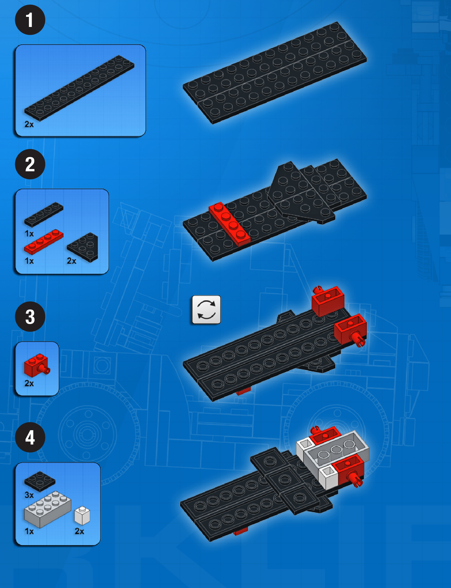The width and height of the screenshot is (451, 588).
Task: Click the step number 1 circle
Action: tap(30, 20)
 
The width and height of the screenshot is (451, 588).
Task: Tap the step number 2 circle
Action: tap(30, 164)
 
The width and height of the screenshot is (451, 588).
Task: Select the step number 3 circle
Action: tap(30, 317)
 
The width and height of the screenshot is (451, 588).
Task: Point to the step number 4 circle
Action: tap(30, 437)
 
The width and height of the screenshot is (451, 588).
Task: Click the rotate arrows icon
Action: tap(206, 310)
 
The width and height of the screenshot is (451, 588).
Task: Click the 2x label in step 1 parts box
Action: tap(29, 124)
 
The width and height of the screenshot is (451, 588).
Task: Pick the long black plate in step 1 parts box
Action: tap(79, 88)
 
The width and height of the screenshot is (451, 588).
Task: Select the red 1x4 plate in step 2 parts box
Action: tap(44, 241)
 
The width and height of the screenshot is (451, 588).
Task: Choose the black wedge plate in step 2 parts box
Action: tap(83, 247)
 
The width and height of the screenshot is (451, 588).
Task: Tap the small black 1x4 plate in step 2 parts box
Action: tap(44, 214)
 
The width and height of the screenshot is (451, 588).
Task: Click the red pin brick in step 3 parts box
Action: tap(37, 365)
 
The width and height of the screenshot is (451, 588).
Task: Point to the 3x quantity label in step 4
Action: tap(29, 495)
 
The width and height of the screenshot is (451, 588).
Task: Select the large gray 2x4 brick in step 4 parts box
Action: tap(47, 509)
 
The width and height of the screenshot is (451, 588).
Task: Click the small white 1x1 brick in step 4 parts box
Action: tap(82, 515)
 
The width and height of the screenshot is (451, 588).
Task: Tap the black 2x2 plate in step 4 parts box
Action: tap(40, 481)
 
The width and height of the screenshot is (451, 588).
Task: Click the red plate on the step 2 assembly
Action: tap(229, 224)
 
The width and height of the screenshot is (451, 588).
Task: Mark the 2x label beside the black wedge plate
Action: tap(72, 261)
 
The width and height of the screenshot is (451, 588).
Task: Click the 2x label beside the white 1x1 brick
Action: tap(79, 531)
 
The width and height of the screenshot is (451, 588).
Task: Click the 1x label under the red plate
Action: tap(29, 261)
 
